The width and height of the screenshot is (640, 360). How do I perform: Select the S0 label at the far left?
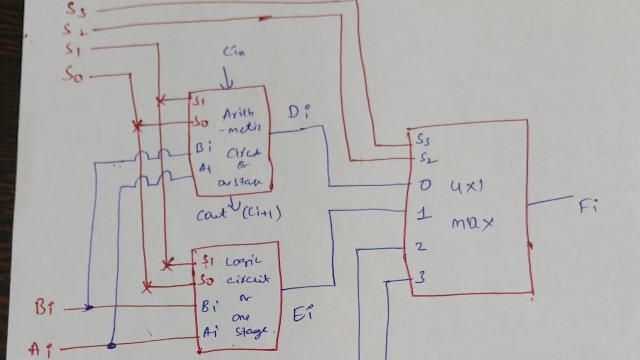coord(72,75)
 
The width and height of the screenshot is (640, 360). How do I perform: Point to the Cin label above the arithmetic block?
coord(233,51)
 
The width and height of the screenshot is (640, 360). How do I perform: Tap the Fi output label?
coord(588,206)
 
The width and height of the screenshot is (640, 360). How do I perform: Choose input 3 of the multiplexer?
coord(420,277)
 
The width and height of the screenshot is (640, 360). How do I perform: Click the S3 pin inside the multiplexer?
coord(421,140)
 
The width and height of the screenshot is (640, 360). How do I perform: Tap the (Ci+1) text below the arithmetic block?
coord(261,215)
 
